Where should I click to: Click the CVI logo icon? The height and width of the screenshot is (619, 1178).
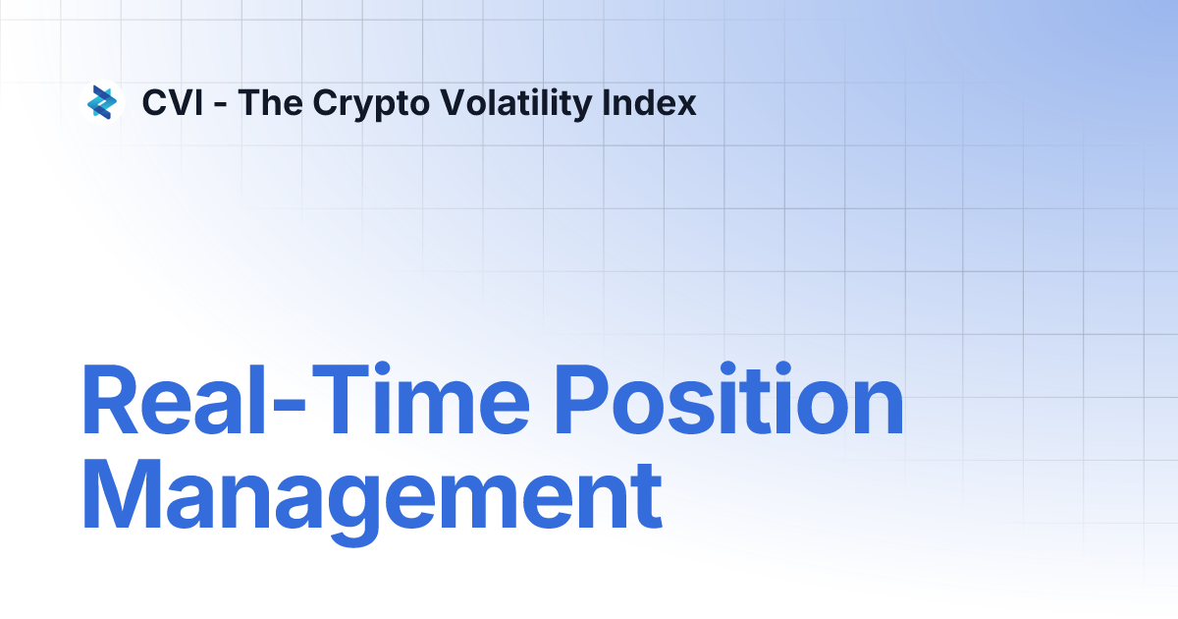click(x=102, y=102)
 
